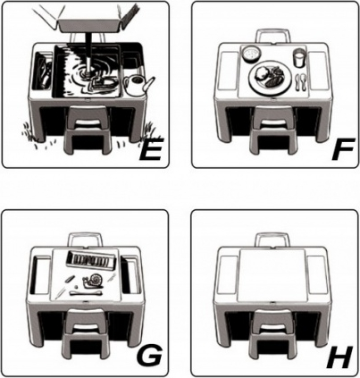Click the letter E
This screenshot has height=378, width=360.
(150, 149)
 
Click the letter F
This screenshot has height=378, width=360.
(342, 149)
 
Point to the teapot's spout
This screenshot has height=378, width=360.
(150, 83)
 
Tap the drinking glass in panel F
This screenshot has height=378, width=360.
(299, 57)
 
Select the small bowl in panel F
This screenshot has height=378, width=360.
(252, 54)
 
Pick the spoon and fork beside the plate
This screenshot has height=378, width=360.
(301, 82)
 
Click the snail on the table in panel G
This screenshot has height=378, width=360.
(94, 281)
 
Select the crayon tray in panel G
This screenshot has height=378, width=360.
(90, 260)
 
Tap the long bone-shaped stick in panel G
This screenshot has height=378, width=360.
(87, 293)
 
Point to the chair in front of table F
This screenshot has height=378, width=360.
(272, 129)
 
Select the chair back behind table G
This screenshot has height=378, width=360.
(86, 239)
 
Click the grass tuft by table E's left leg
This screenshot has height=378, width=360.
(29, 131)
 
